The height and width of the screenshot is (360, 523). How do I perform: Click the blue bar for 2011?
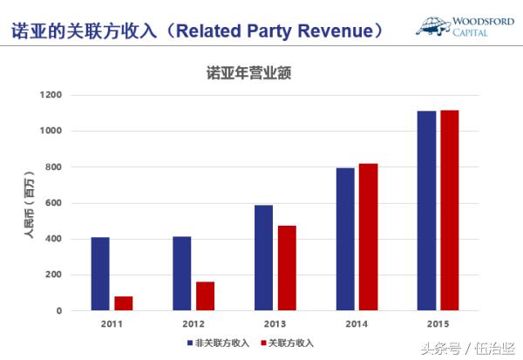[x=100, y=274]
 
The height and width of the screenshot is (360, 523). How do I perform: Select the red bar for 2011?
[x=124, y=303]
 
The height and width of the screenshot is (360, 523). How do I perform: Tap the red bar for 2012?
[x=205, y=295]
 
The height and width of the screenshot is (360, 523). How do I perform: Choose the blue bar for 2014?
[x=345, y=239]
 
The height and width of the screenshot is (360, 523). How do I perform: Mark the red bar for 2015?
[x=449, y=210]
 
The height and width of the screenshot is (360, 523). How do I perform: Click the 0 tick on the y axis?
[x=58, y=310]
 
